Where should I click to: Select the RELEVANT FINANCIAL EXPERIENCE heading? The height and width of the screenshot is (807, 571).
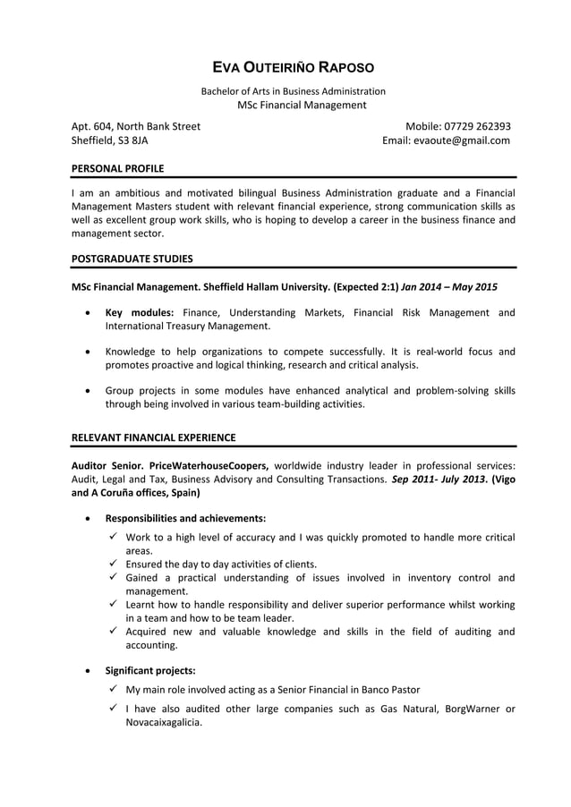(153, 437)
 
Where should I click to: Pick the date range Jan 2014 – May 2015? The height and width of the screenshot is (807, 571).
(449, 288)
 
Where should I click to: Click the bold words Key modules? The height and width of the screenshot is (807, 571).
(140, 312)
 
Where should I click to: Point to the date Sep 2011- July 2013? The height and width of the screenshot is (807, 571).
(437, 479)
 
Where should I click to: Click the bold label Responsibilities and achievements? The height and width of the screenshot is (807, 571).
(185, 518)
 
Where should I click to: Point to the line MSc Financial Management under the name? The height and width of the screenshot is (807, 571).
(302, 106)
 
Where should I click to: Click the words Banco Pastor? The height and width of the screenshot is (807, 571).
(390, 690)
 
